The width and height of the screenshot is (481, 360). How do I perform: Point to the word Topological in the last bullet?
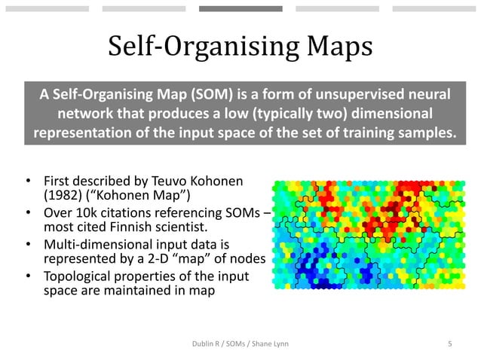pos(81,276)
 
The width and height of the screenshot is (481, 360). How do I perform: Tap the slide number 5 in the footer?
pos(449,344)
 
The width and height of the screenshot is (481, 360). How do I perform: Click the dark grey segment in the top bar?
pos(240,9)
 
